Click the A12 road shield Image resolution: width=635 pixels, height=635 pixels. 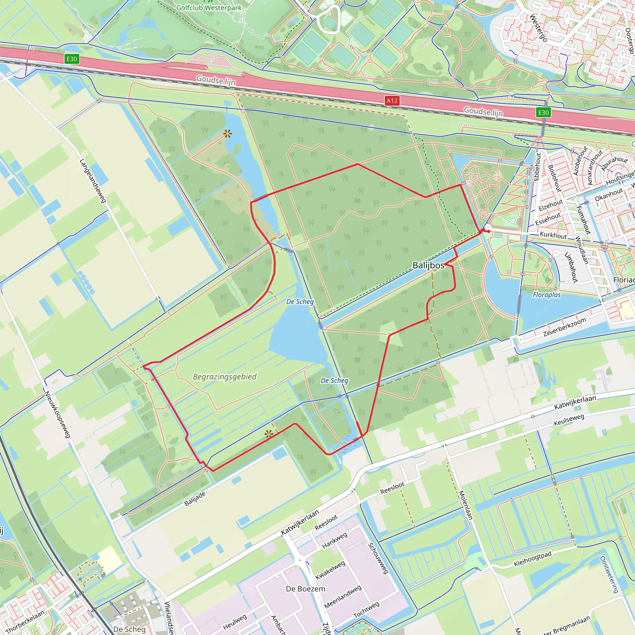coord(392,100)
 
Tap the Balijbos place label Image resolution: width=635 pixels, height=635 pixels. coord(428,265)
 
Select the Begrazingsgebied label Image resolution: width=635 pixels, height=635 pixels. coord(224,377)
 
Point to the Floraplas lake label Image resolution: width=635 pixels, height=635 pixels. coord(547,295)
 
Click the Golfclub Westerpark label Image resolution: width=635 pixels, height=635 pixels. coord(209,7)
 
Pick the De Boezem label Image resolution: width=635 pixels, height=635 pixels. coord(305,589)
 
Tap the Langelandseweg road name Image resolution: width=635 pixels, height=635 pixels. coord(93,181)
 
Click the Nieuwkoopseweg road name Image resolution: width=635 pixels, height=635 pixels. coord(58,415)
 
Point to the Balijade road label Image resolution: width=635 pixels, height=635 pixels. coord(195,499)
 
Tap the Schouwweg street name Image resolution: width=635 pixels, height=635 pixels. coord(378,558)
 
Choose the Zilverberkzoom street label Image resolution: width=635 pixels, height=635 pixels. coord(564,327)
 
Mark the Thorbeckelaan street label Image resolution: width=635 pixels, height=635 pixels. coord(25,622)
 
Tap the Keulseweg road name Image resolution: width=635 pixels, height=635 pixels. coord(569,420)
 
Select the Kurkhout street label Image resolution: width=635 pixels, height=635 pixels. coord(553,235)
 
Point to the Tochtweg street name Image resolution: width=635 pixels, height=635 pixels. coord(366,610)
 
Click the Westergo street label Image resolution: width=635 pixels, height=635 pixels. coord(538,28)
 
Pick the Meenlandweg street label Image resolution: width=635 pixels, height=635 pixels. coord(343,597)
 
